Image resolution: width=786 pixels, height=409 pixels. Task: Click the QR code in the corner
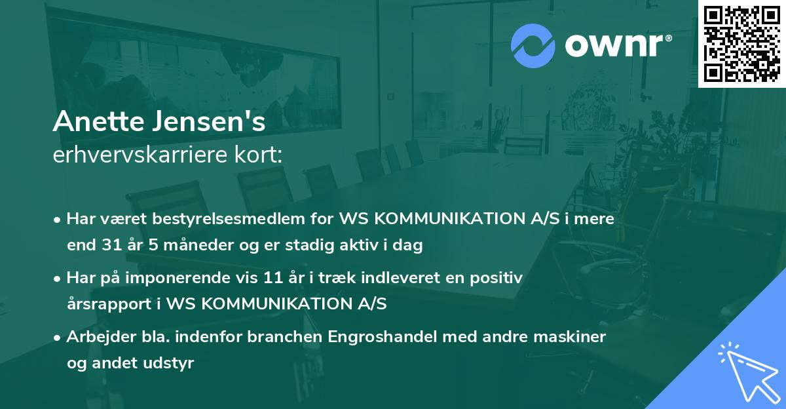click(741, 44)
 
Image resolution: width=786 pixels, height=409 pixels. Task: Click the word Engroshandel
click(373, 337)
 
